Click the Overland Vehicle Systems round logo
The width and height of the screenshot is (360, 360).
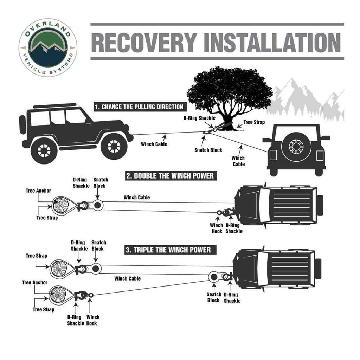pyautogui.click(x=47, y=47)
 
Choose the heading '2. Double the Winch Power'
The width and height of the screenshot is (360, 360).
pyautogui.click(x=170, y=175)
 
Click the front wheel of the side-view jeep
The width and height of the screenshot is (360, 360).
pyautogui.click(x=114, y=146)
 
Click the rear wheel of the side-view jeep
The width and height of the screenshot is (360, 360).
pyautogui.click(x=44, y=150)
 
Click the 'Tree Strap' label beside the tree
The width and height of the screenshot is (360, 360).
pyautogui.click(x=254, y=122)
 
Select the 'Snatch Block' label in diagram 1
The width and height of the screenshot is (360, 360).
pyautogui.click(x=208, y=150)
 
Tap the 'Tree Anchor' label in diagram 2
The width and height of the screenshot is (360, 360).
pyautogui.click(x=38, y=191)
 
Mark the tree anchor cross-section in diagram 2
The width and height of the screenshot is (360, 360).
pyautogui.click(x=58, y=205)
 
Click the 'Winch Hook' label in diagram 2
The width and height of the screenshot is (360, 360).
pyautogui.click(x=217, y=228)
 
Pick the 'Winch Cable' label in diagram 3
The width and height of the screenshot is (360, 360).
pyautogui.click(x=127, y=278)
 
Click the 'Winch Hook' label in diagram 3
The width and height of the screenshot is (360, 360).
pyautogui.click(x=93, y=320)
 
